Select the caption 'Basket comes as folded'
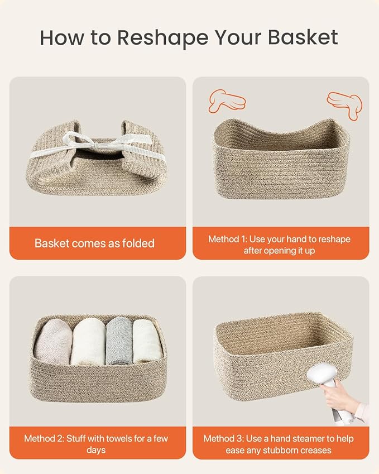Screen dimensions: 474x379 (x=94, y=243)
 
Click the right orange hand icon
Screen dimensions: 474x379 (x=344, y=104)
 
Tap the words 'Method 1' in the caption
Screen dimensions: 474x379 (x=227, y=239)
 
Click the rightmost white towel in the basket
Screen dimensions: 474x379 (x=147, y=342)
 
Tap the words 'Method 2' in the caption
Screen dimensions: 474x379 (x=42, y=438)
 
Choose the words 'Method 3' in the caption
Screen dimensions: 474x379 (x=222, y=438)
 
